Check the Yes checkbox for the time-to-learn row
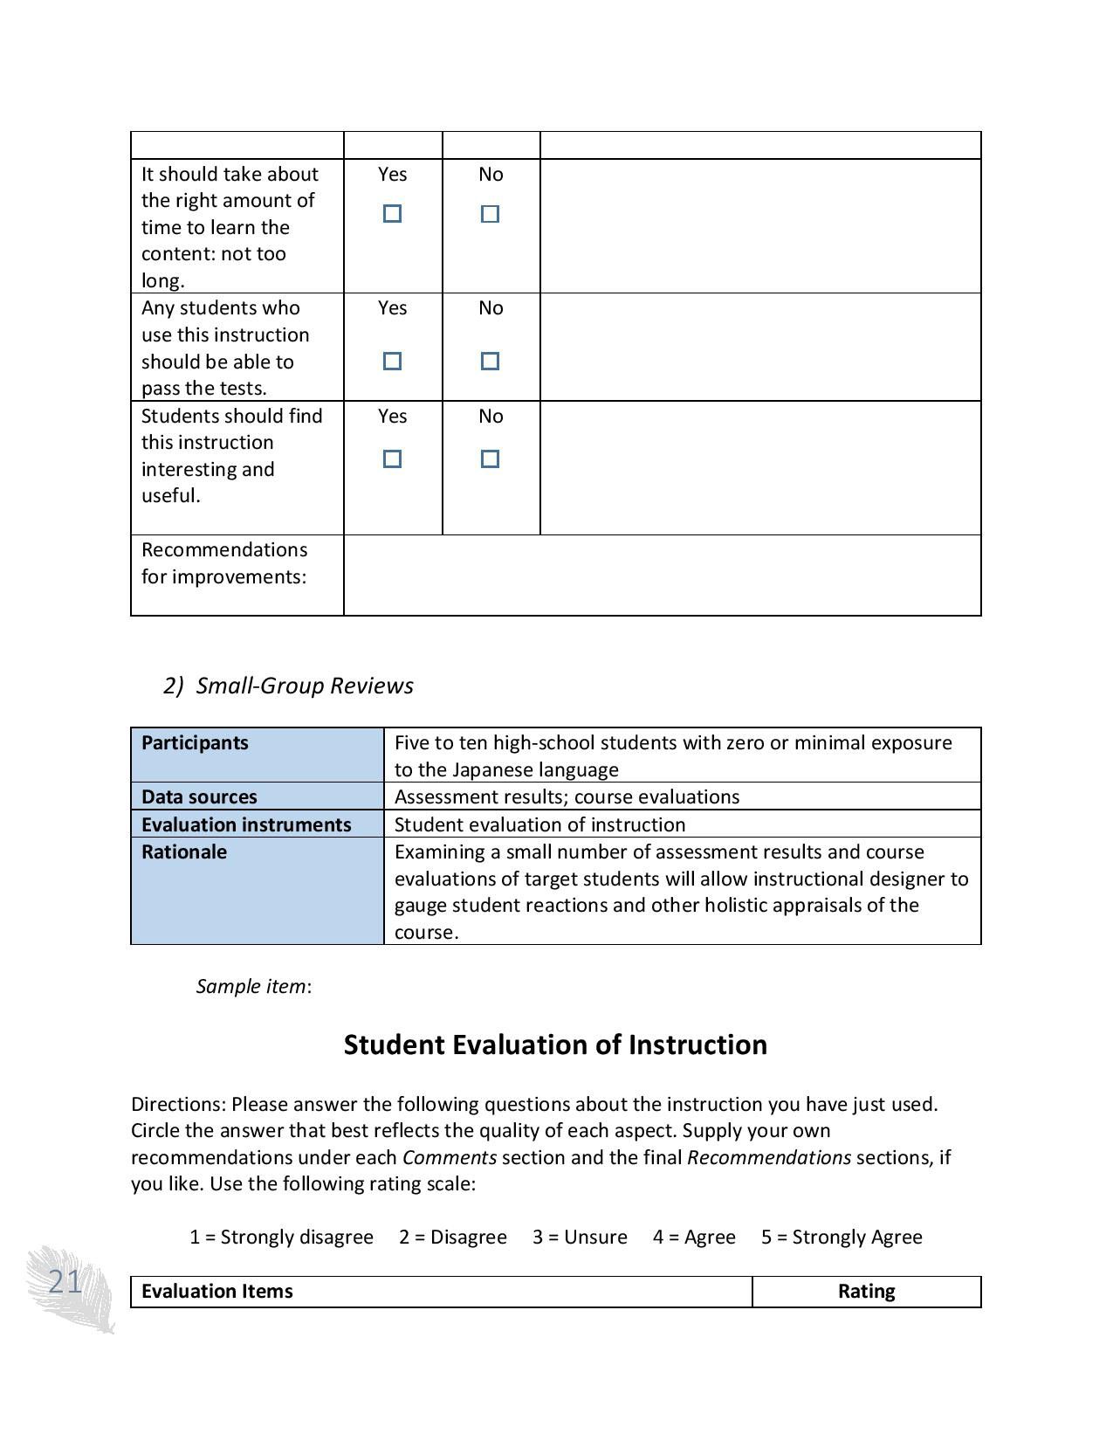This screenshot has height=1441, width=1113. tap(392, 214)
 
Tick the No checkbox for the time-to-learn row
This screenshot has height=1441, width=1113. tap(490, 214)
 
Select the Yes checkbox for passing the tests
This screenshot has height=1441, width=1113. tap(392, 361)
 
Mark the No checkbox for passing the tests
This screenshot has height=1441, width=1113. tap(490, 361)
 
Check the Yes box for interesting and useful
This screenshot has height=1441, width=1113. tap(392, 458)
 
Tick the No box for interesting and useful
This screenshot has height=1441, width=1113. tap(490, 458)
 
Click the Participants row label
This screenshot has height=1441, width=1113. tap(195, 743)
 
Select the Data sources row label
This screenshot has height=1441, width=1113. tap(199, 796)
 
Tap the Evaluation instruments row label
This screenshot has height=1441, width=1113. tap(246, 824)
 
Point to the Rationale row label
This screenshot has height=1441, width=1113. tap(184, 851)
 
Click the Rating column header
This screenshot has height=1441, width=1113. tap(866, 1291)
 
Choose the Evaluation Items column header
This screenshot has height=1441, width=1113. tap(216, 1291)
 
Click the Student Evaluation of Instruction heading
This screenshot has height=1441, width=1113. tap(555, 1045)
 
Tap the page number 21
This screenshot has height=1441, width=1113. tap(65, 1282)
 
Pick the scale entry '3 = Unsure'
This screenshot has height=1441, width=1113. tap(580, 1237)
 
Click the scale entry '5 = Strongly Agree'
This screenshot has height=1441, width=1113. tap(842, 1237)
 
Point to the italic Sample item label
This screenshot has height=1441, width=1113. tap(251, 986)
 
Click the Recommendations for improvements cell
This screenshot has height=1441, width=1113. tap(224, 563)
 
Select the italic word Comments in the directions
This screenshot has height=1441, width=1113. tap(449, 1157)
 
